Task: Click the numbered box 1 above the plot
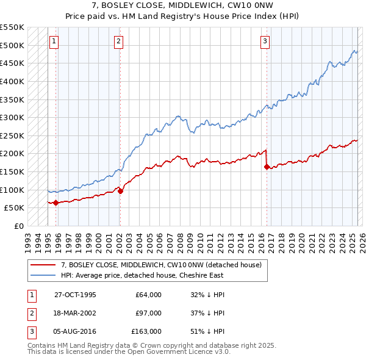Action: [54, 41]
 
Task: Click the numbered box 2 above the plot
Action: [118, 41]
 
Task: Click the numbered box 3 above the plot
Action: [265, 41]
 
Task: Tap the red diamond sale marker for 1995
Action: [56, 203]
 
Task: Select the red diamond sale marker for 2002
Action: [120, 191]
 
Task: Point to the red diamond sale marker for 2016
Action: [267, 167]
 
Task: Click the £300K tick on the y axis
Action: [12, 117]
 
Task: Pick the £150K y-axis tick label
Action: [12, 171]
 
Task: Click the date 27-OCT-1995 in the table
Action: [75, 295]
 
